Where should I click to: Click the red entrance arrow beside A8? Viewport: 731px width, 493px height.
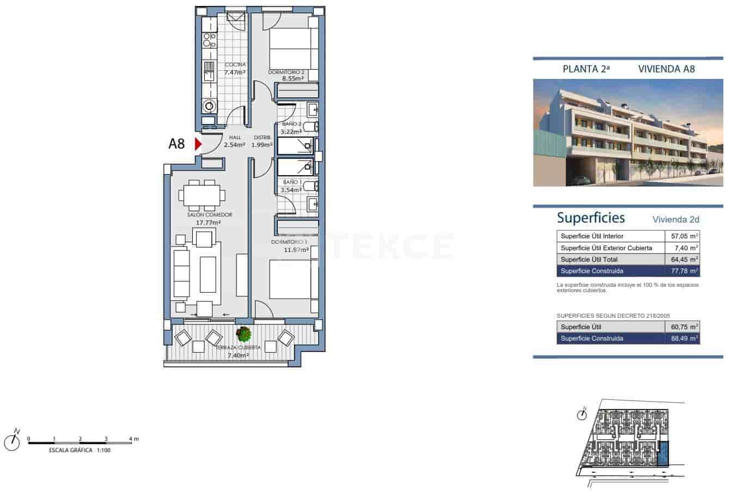pos(198,144)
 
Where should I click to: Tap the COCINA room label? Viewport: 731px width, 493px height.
pos(235,65)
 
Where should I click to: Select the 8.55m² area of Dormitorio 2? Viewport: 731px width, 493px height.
pos(293,78)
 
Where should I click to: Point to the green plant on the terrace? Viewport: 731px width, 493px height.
pos(243,333)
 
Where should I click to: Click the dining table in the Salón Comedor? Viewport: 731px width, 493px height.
pos(201,194)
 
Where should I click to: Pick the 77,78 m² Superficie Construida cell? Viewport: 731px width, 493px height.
pos(683,271)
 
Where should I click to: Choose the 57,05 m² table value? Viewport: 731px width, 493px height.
pos(683,236)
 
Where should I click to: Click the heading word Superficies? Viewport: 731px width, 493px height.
pos(590,218)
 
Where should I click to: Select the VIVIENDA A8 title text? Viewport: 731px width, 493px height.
pos(666,69)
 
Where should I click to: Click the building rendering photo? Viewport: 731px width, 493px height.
pos(628,133)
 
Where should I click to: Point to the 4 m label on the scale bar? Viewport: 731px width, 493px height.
pos(133,439)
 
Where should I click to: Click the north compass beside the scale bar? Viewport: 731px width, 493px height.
pos(12,442)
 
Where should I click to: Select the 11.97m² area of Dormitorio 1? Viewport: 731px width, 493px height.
pos(296,250)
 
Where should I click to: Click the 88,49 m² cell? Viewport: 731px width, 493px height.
pos(683,338)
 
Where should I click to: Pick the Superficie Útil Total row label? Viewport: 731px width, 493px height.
pos(589,260)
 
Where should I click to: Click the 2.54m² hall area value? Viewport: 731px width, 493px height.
pos(235,145)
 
